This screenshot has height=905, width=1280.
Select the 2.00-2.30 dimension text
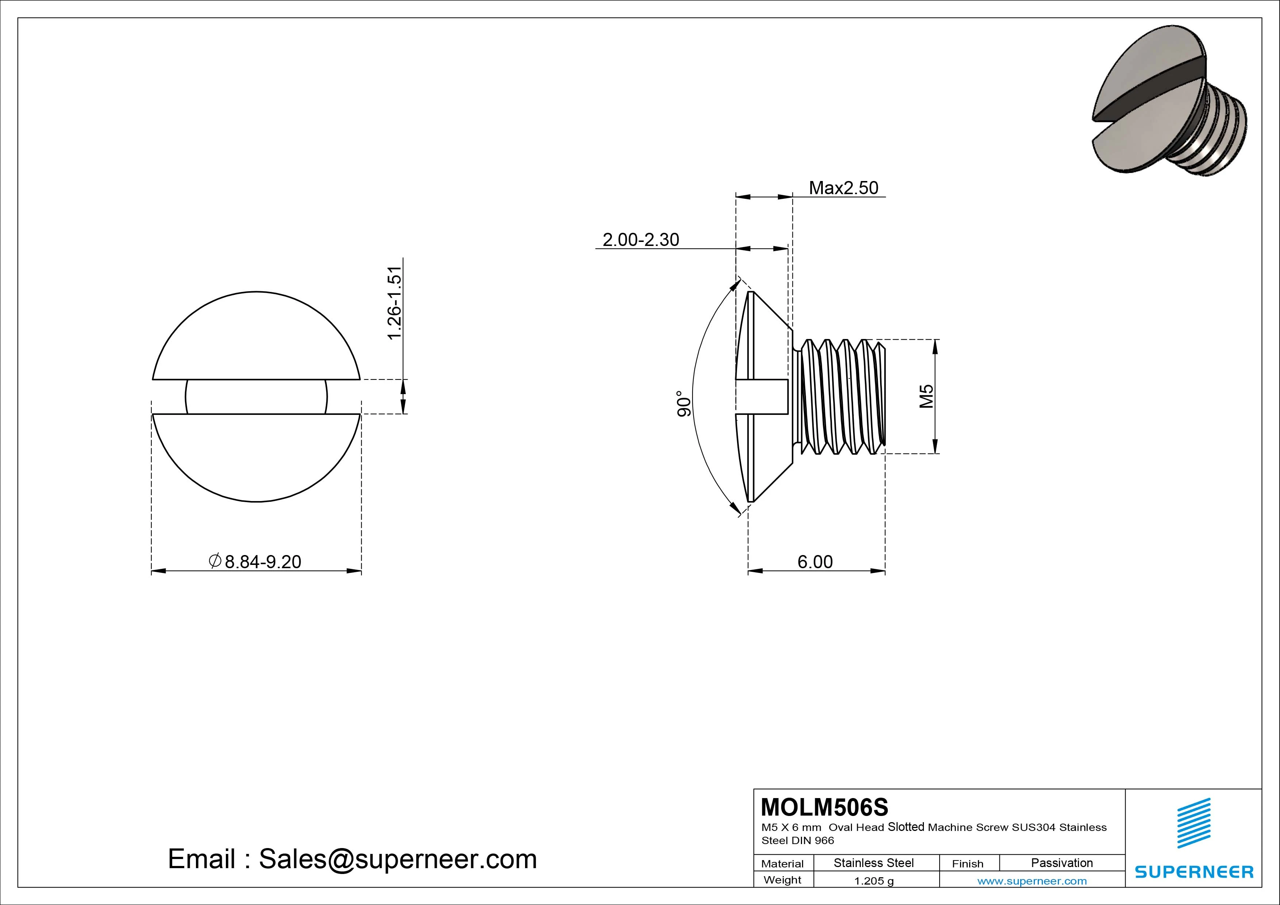pyautogui.click(x=641, y=240)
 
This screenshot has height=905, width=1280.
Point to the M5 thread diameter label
pyautogui.click(x=926, y=396)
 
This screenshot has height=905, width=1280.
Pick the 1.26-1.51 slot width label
pyautogui.click(x=394, y=303)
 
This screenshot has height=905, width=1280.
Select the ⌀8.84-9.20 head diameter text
pyautogui.click(x=255, y=562)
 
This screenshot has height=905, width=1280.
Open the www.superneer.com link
pyautogui.click(x=1032, y=881)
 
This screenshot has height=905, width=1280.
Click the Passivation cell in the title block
pyautogui.click(x=1061, y=863)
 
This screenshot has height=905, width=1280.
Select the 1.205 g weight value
pyautogui.click(x=874, y=881)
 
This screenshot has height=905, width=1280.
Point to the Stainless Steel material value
pyautogui.click(x=873, y=863)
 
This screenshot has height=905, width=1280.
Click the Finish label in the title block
pyautogui.click(x=967, y=864)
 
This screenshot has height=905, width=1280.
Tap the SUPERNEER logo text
pyautogui.click(x=1194, y=871)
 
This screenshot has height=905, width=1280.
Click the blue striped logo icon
pyautogui.click(x=1194, y=823)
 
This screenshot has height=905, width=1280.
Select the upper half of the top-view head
pyautogui.click(x=256, y=340)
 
